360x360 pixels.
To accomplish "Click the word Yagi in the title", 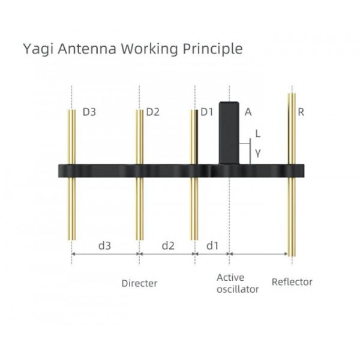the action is coord(38,49).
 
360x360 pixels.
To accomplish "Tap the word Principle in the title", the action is coord(212,49).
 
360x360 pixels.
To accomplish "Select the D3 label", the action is coord(89,112).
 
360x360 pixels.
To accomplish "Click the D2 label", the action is coord(152,112).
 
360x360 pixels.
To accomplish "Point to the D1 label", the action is coord(207,112).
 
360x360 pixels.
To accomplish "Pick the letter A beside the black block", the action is coord(248,112).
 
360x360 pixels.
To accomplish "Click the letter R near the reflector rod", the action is coord(301,112).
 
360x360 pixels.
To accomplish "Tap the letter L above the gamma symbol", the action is coord(258,133).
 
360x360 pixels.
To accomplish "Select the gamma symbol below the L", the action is coord(258,153).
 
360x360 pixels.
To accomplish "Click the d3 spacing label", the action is coord(104,245).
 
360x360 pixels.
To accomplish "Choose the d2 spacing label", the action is coord(168,245).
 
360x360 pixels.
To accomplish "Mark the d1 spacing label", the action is coord(212,245).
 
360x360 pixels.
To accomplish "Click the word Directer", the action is coord(139,283).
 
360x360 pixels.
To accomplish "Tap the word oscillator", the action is coord(238,289).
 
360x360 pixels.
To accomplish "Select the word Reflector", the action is coord(292,282).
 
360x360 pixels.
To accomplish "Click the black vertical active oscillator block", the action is coord(229,133).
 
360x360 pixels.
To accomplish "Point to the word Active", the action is coord(230,278).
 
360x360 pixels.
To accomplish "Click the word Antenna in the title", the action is coord(87,49).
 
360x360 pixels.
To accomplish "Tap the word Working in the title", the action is coord(149,49).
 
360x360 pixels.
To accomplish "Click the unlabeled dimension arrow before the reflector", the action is coord(259,254).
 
